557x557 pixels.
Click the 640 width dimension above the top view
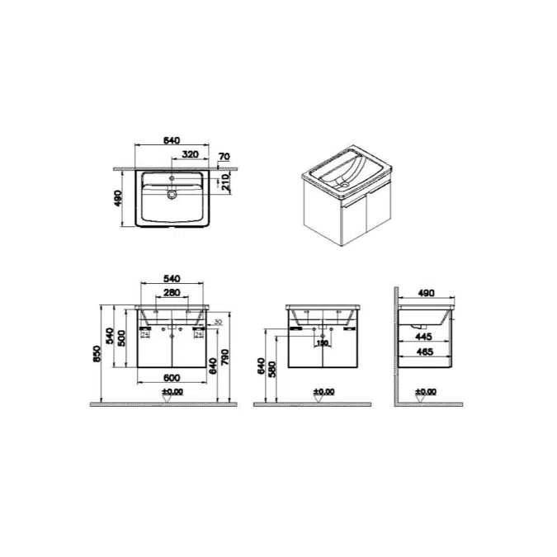[172, 141]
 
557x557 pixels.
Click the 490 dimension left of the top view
[118, 199]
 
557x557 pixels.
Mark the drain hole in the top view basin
[172, 196]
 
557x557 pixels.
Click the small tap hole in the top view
[172, 177]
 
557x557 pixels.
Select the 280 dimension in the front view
[172, 293]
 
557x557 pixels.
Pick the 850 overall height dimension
[97, 352]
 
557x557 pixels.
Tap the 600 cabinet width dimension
[172, 378]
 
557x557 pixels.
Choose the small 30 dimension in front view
[219, 322]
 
